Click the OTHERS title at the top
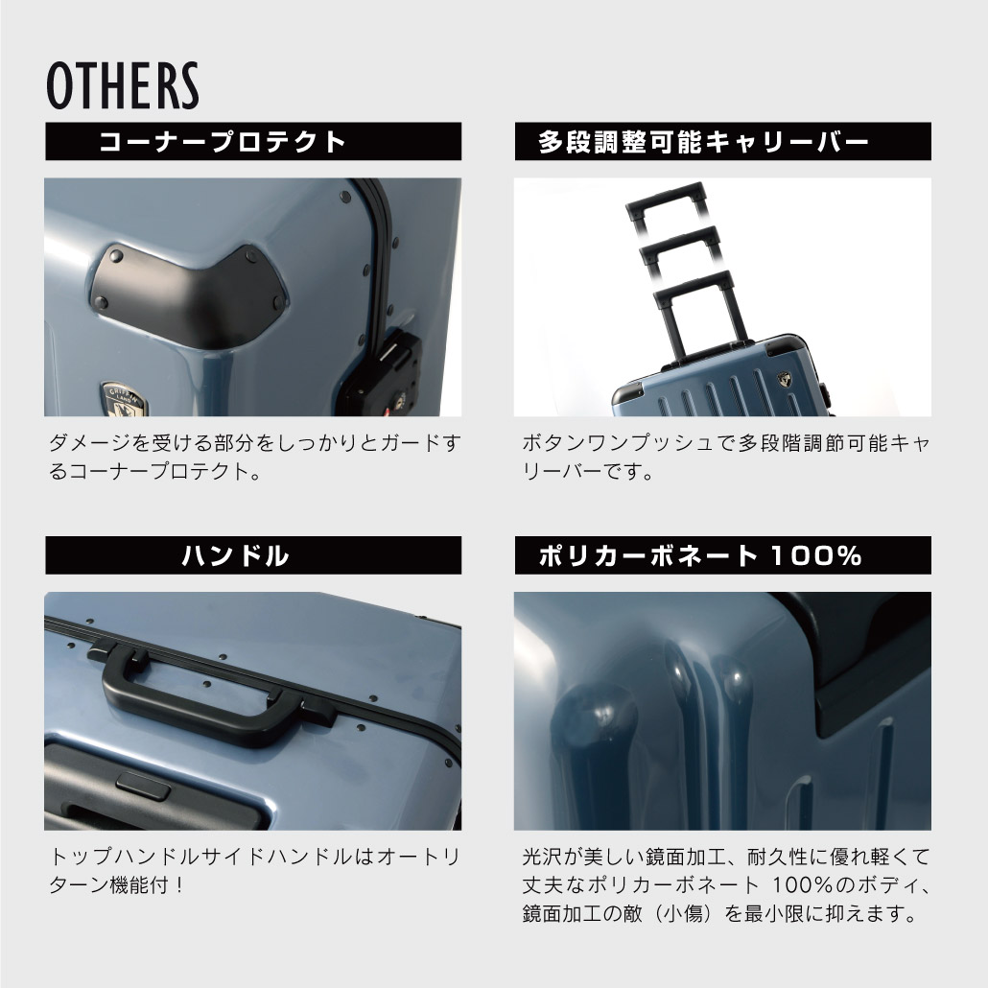[122, 85]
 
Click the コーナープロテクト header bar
[253, 142]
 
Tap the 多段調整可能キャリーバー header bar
[722, 142]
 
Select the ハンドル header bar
[253, 555]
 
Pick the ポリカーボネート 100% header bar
[722, 555]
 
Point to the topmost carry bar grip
[665, 196]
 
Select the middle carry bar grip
[681, 239]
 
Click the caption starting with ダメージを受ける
[254, 458]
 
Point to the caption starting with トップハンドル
[254, 869]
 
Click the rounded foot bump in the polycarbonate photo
[600, 719]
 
